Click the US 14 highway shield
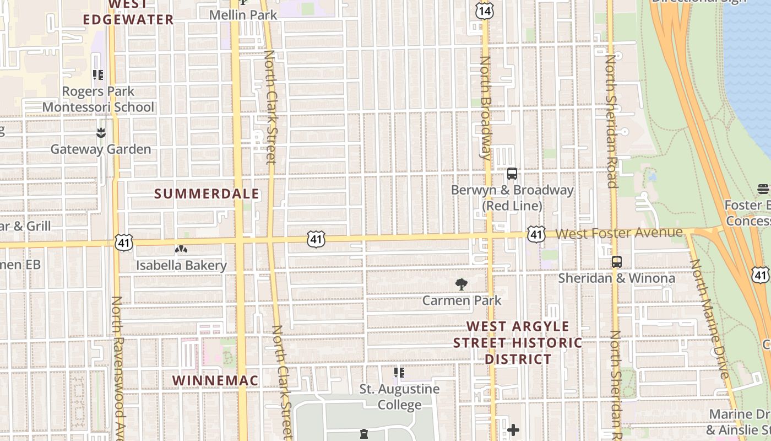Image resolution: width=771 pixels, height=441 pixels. tap(484, 9)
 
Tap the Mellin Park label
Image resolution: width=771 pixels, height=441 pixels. tap(243, 15)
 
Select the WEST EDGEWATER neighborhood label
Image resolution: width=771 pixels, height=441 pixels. tap(128, 13)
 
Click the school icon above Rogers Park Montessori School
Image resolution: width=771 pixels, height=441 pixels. tap(98, 74)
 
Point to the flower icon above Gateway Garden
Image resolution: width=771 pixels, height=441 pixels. tap(101, 133)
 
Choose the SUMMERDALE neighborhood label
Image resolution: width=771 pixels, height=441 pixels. tap(207, 194)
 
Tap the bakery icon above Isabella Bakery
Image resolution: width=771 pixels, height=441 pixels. tap(181, 250)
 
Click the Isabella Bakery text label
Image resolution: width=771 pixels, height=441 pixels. tap(181, 266)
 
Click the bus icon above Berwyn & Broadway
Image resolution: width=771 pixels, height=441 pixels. tap(512, 174)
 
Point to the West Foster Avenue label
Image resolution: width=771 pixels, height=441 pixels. tap(619, 233)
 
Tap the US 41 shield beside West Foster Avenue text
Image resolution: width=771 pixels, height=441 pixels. tap(536, 234)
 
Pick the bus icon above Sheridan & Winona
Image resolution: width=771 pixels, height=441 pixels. tap(617, 262)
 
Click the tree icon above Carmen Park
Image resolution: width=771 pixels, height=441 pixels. tap(461, 284)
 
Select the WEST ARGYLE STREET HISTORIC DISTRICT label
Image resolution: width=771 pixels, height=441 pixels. tap(518, 343)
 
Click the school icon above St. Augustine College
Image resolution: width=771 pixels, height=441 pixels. tap(399, 373)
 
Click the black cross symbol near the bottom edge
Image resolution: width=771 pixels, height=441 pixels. tap(513, 429)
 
